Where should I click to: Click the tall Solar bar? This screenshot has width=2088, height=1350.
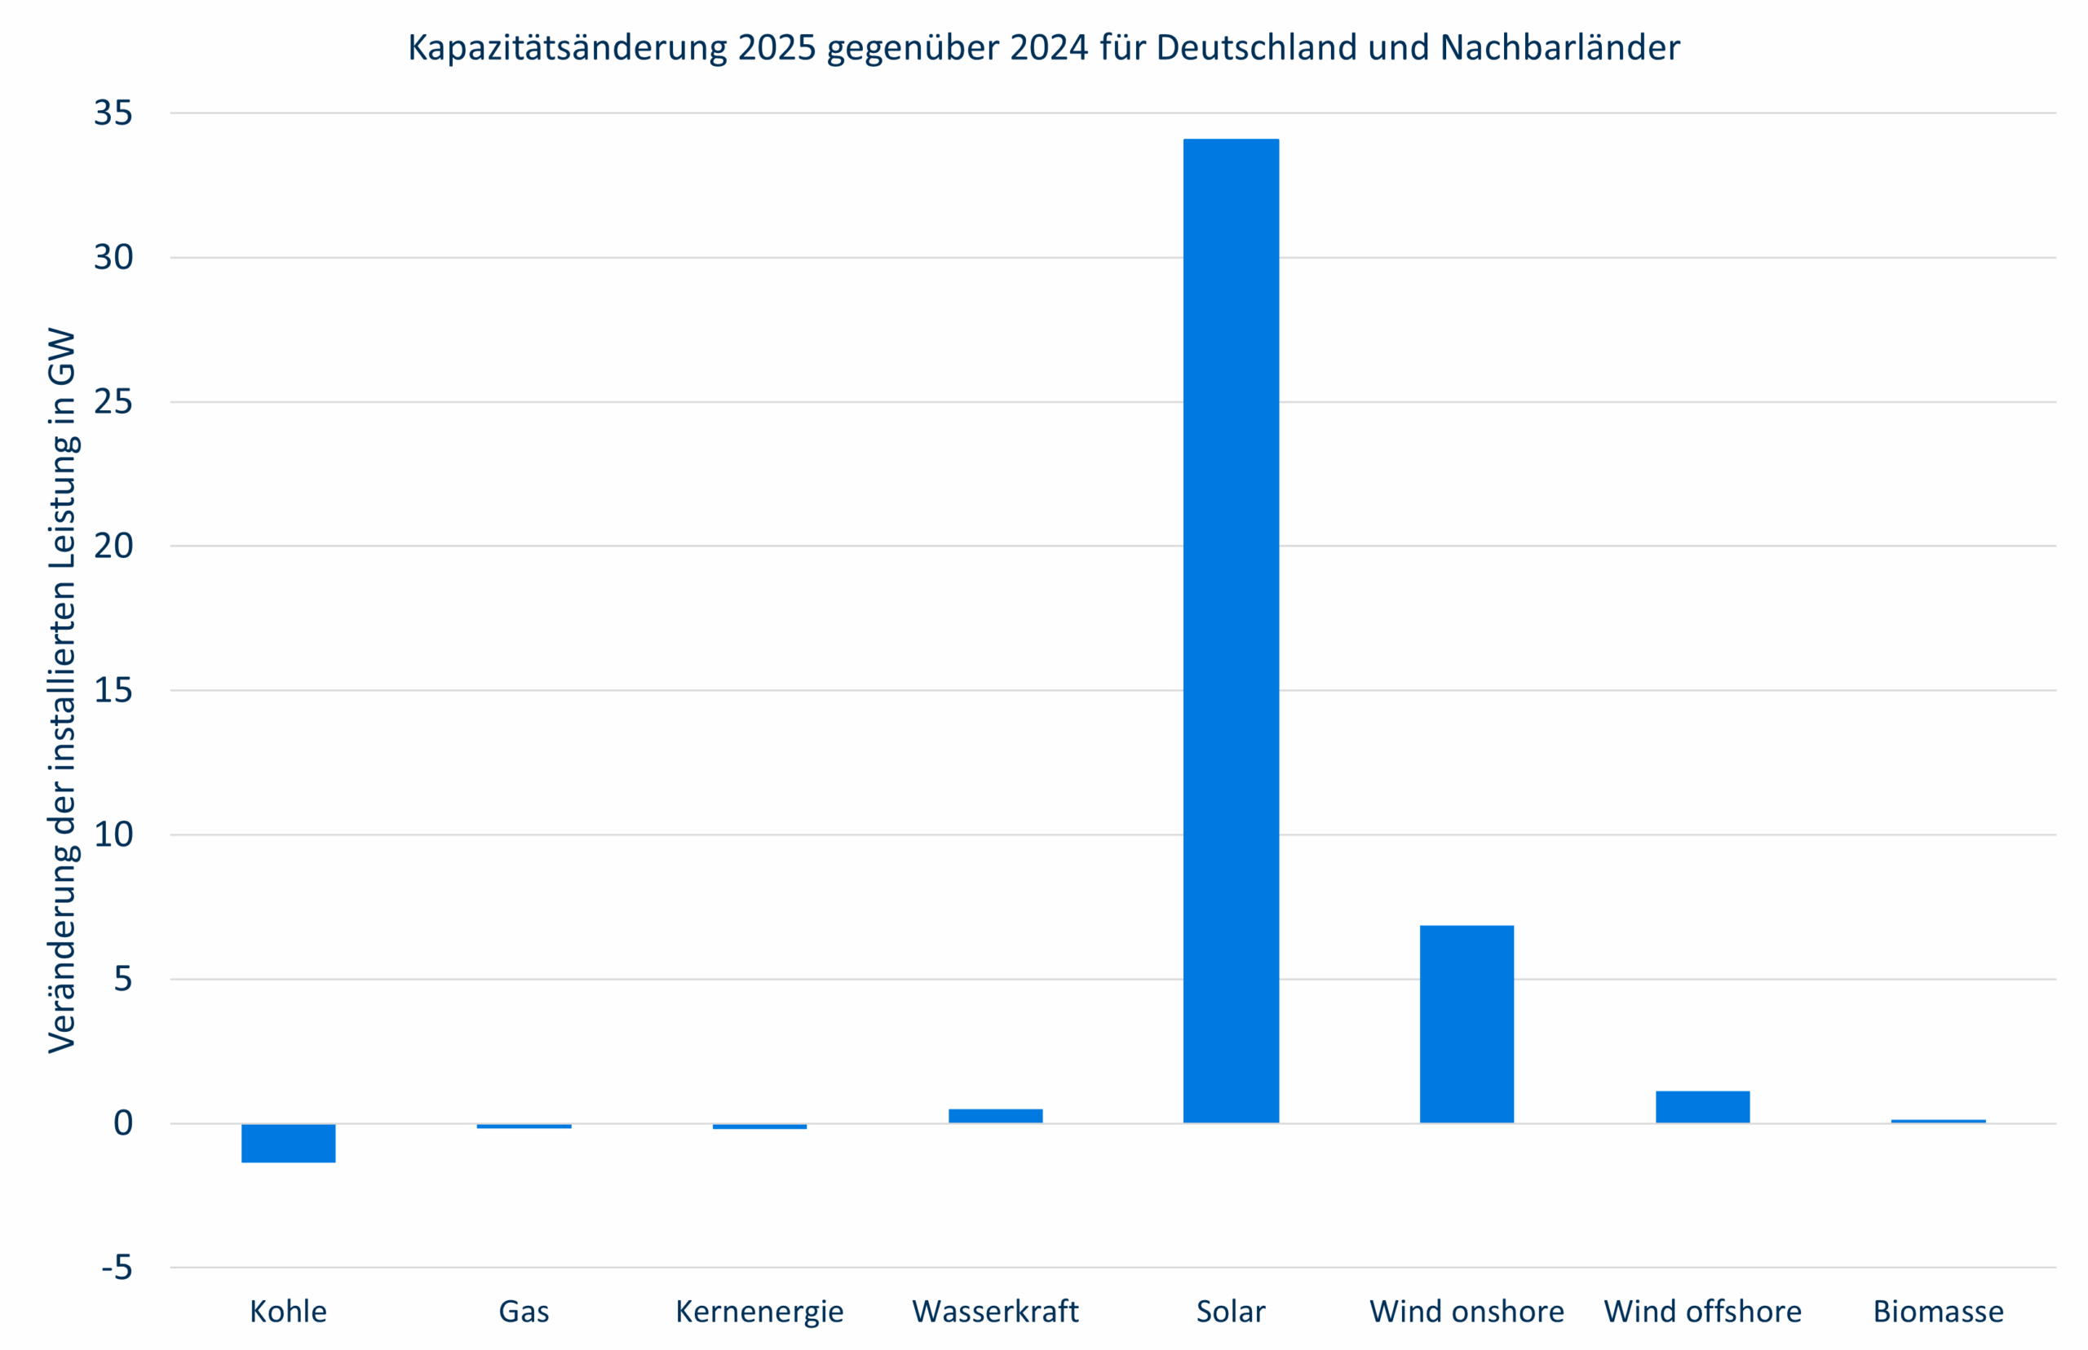(x=1231, y=631)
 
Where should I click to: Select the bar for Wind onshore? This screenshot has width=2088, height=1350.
(x=1466, y=1024)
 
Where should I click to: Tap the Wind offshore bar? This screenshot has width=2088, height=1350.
(x=1702, y=1107)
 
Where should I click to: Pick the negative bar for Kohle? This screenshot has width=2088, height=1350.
(x=289, y=1143)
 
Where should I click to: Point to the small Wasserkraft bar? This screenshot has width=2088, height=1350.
(x=995, y=1116)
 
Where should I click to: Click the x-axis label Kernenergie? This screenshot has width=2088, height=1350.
(x=759, y=1312)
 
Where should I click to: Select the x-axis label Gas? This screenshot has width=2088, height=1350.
(x=524, y=1312)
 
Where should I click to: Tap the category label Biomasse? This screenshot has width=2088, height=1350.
(x=1938, y=1312)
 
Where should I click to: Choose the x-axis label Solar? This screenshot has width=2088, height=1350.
(x=1231, y=1312)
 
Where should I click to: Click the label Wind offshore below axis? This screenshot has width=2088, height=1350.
(x=1702, y=1312)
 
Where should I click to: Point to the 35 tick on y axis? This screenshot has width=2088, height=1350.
(x=113, y=113)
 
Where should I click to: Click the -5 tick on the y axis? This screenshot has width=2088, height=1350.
(x=117, y=1268)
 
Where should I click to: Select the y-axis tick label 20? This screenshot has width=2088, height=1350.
(x=113, y=547)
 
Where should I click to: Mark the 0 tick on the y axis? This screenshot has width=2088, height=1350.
(x=122, y=1123)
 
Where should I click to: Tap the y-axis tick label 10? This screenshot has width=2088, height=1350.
(x=113, y=834)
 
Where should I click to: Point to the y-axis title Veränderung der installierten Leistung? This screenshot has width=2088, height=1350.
(x=63, y=691)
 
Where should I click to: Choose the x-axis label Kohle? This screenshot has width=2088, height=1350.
(x=289, y=1312)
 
